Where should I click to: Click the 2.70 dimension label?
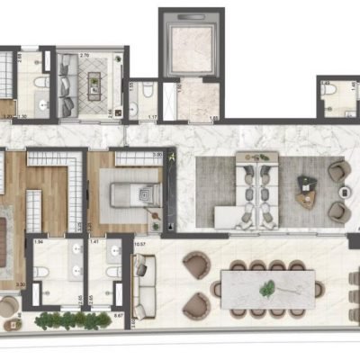(x=85, y=56)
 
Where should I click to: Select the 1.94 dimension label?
(x=38, y=242)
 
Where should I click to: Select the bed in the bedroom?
(x=130, y=193)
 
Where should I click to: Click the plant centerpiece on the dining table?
(x=266, y=289)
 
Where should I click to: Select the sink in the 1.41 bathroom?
(x=112, y=254)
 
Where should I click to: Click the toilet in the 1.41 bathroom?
(x=113, y=274)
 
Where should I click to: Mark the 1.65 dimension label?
(x=213, y=118)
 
